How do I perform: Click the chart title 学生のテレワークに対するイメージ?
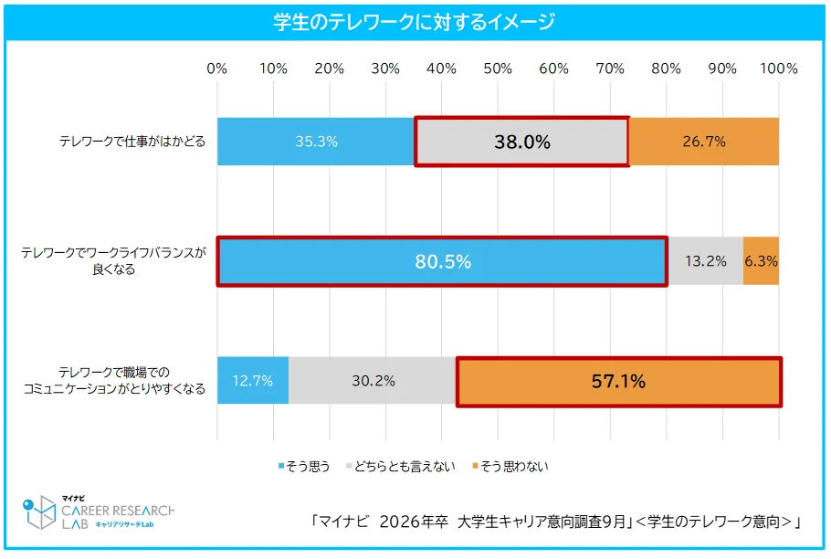pos(415,22)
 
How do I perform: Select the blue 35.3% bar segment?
pos(316,142)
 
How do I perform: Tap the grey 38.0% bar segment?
pos(521,142)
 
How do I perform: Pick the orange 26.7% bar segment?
pos(704,142)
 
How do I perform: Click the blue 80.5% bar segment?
pos(442,261)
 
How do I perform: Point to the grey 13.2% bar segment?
pos(705,261)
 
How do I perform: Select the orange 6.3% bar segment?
pos(761,261)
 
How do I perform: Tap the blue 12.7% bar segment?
pos(253,381)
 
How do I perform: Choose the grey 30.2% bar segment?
pos(373,381)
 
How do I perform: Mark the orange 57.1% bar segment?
pos(618,381)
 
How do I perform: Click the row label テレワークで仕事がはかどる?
pos(132,142)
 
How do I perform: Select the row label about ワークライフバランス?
pos(114,261)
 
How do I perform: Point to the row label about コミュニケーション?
pos(114,381)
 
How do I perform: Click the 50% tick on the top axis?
pos(498,69)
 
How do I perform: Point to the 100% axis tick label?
pos(778,69)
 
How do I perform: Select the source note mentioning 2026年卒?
pos(555,522)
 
